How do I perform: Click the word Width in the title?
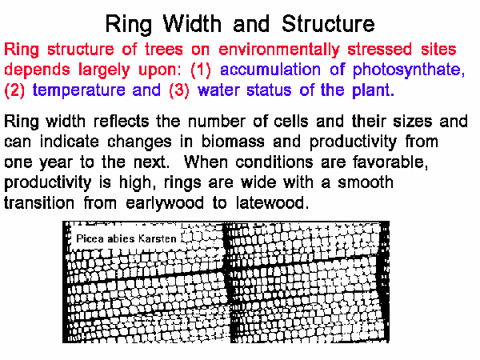tap(192, 23)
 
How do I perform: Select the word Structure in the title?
tap(328, 23)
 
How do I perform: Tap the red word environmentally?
tap(279, 50)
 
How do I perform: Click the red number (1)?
tap(201, 70)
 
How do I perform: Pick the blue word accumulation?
tap(270, 70)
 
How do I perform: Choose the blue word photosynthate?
tap(409, 70)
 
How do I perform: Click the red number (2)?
tap(14, 90)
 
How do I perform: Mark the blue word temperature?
tap(78, 90)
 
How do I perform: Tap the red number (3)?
tap(179, 90)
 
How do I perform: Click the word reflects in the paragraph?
tap(121, 121)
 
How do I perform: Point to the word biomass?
tap(233, 142)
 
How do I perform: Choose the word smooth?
tap(366, 182)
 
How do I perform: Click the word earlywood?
tap(165, 203)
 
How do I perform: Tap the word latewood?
tap(272, 202)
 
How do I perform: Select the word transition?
tap(39, 202)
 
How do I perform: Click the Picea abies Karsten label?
tap(126, 238)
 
